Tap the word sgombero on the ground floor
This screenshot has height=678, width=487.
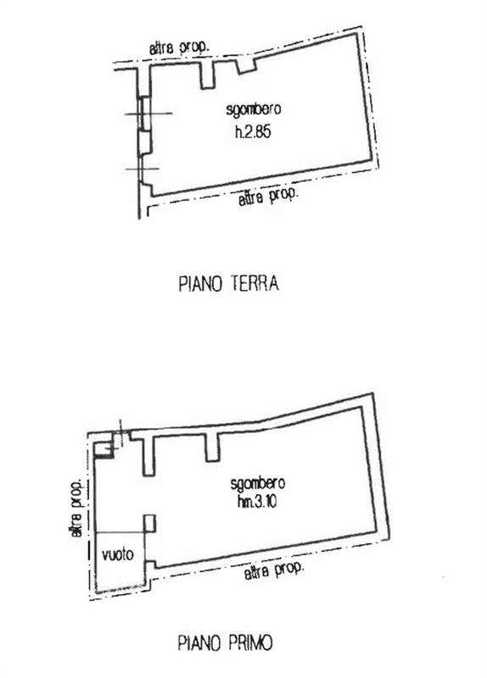tap(255, 110)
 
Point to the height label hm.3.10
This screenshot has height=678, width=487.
tap(256, 503)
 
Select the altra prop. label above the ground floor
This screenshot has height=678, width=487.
tap(180, 49)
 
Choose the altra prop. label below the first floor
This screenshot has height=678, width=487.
tap(273, 574)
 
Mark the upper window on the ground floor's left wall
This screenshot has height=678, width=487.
tap(143, 114)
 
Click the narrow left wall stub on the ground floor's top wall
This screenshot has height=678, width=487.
tap(207, 76)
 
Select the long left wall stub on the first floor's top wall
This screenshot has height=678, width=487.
tap(152, 455)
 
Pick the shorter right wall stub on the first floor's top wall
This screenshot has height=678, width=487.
tap(212, 447)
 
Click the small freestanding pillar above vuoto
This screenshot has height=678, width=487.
tap(149, 523)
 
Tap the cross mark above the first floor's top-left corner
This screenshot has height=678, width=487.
tap(120, 433)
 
